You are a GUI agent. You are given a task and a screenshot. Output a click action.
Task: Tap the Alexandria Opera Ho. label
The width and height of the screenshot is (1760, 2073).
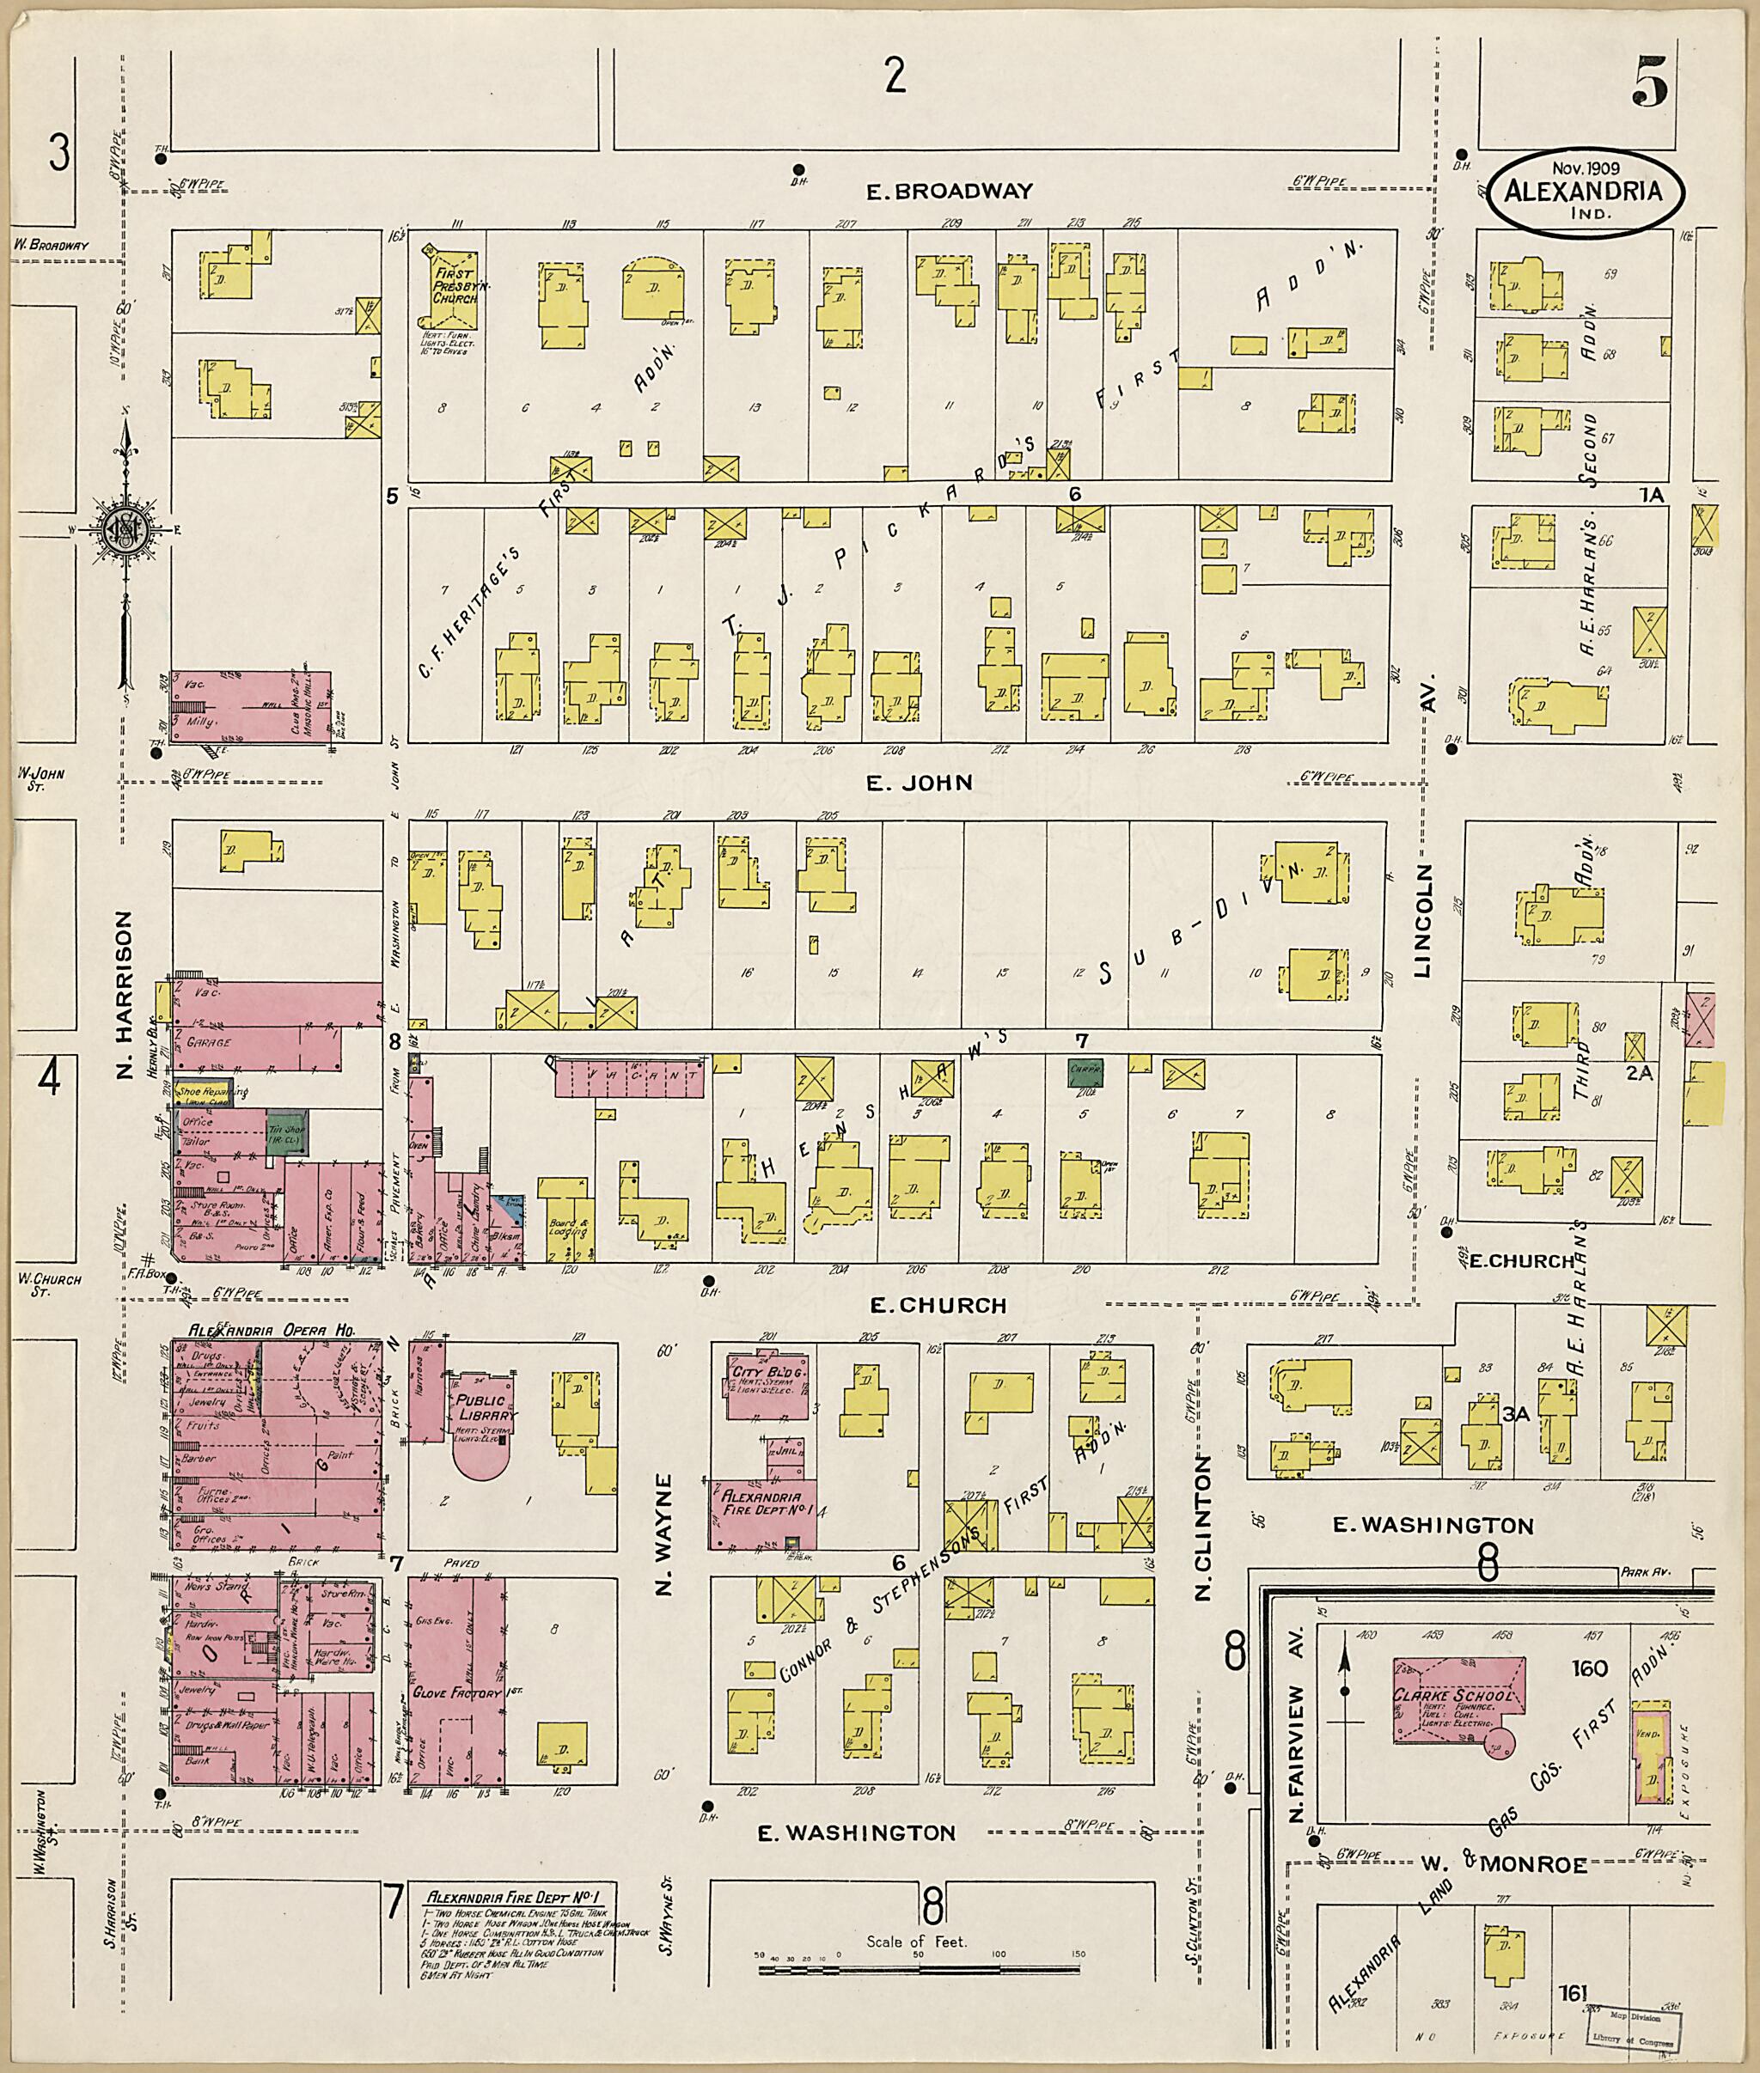(272, 1330)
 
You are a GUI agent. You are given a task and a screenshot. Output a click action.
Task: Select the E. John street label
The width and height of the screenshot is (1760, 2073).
(918, 782)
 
